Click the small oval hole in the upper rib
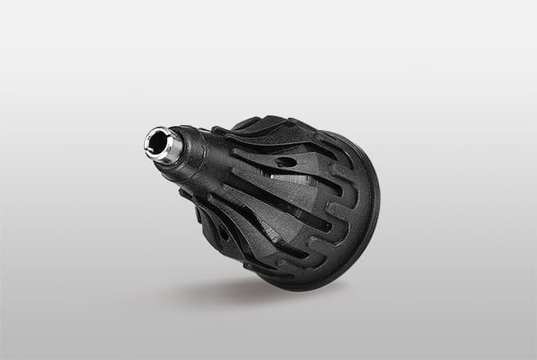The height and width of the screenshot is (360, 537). (286, 162)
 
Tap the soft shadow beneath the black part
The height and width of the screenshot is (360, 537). (246, 290)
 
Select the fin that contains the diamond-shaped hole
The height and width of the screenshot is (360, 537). (217, 225)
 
